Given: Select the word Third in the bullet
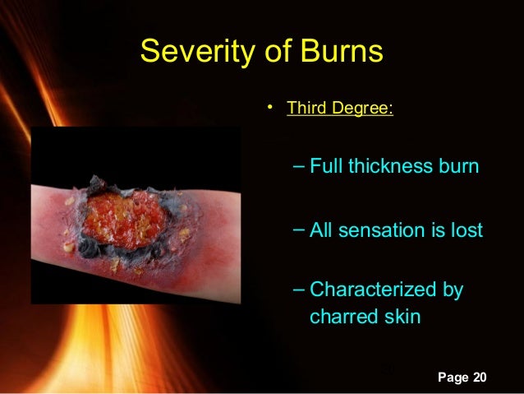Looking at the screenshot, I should (305, 109).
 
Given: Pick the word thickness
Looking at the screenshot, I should (390, 166).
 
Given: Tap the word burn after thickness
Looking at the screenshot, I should (457, 166).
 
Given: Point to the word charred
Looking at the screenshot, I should (344, 317).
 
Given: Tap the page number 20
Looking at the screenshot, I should (479, 378).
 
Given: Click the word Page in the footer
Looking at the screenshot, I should (453, 378).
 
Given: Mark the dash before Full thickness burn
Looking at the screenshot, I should (298, 166).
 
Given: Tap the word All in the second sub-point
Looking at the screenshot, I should (321, 229).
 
